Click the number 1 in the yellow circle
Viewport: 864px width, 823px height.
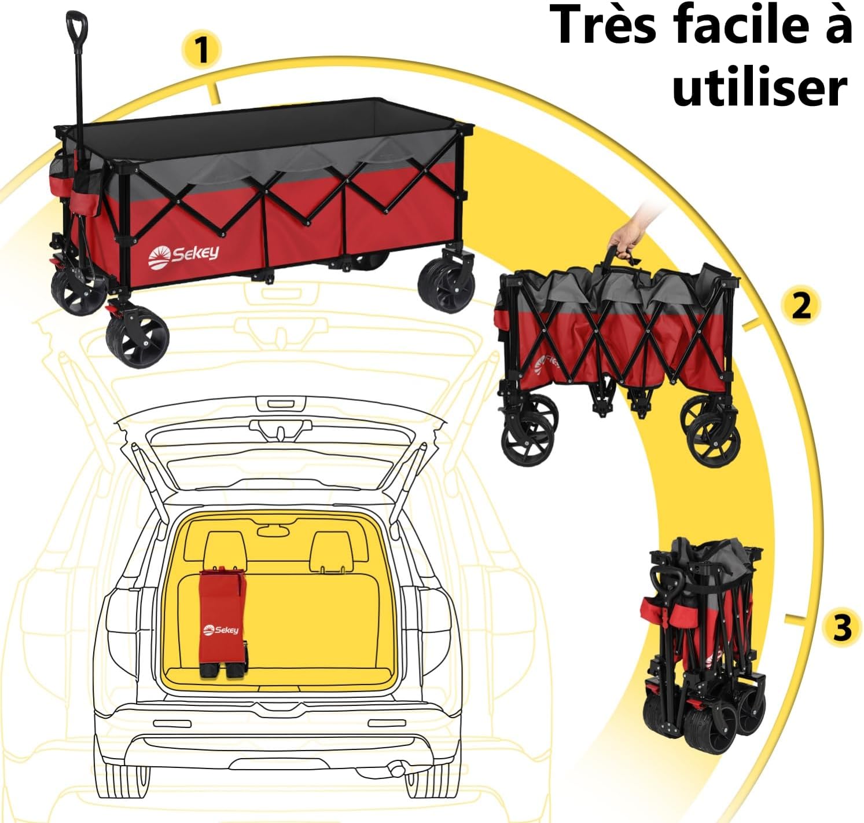[201, 50]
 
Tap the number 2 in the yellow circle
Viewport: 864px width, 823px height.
[800, 305]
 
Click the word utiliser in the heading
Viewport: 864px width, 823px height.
[760, 89]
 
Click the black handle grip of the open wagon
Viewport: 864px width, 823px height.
[76, 28]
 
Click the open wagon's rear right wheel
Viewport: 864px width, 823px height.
[447, 286]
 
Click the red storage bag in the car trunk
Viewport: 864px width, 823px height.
[221, 620]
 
